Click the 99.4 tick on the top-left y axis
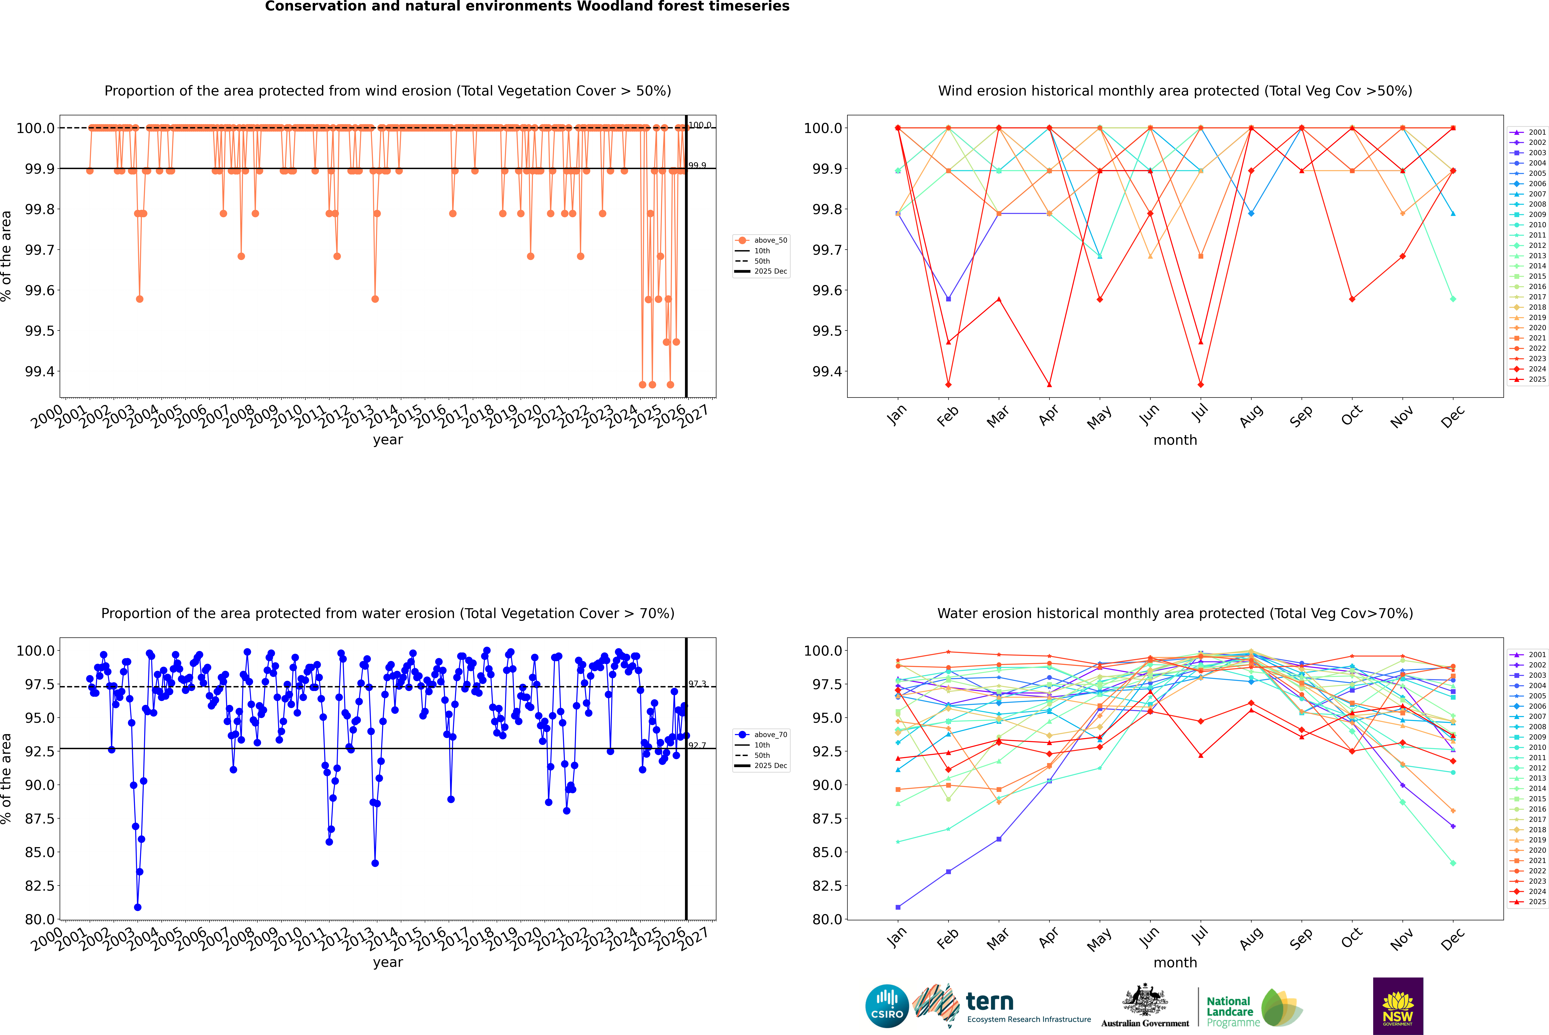tap(40, 372)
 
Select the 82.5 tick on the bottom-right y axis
tap(827, 886)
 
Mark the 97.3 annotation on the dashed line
tap(697, 684)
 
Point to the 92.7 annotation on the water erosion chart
tap(697, 745)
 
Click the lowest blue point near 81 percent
tap(137, 907)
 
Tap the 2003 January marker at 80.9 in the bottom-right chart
tap(898, 907)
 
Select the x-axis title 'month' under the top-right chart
tap(1175, 440)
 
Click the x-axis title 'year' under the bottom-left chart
tap(388, 962)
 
